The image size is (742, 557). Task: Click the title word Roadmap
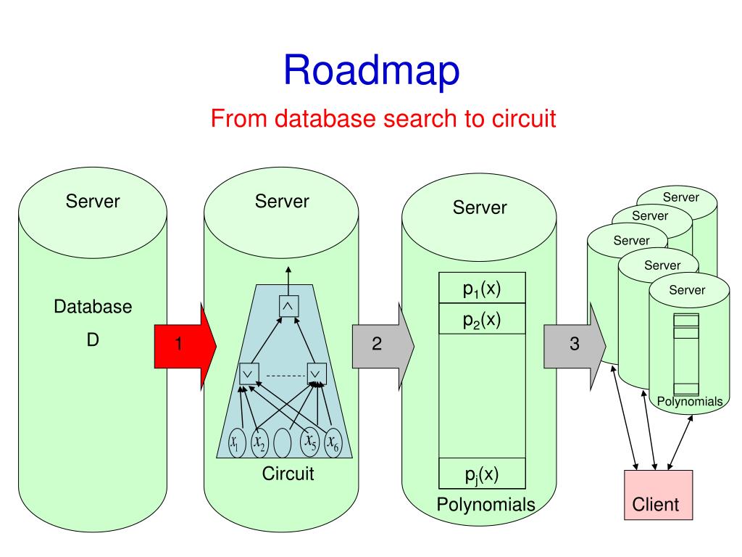point(372,70)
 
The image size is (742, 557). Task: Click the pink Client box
point(658,495)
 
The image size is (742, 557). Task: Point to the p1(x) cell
point(482,287)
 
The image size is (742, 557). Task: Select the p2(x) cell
point(482,319)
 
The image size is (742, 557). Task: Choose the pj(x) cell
point(482,473)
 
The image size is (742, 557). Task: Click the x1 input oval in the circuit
point(237,443)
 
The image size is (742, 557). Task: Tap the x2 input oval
point(260,443)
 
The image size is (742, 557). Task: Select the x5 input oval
point(310,442)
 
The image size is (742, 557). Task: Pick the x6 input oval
point(333,443)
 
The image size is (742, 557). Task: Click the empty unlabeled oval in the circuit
point(283,443)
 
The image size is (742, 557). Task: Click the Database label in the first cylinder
point(93,307)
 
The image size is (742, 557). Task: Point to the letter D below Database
point(93,339)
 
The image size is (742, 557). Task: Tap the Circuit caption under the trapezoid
point(288,474)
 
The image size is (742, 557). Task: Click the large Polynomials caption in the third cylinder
point(486,505)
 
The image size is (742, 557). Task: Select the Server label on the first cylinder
point(93,202)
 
